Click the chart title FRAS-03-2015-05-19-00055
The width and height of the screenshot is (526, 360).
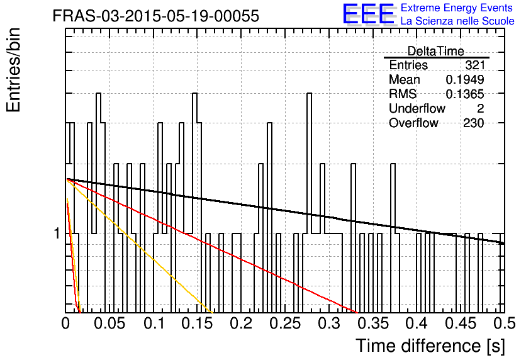156,16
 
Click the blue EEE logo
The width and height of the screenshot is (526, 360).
369,14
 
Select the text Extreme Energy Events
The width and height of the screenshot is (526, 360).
457,8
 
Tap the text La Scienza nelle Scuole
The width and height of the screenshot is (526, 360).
457,21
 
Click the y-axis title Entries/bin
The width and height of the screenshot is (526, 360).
13,70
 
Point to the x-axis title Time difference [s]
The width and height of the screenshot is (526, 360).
430,346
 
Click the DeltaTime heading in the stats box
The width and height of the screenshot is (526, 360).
435,51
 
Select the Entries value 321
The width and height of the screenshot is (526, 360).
474,65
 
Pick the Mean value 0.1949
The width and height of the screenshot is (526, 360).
465,79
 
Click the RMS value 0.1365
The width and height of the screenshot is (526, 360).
465,94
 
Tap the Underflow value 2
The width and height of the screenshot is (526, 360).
480,108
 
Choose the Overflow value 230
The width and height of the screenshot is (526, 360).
474,123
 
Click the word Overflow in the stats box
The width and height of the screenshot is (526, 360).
413,123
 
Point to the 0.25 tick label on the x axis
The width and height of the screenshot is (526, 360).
285,323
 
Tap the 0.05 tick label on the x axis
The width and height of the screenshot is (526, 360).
109,323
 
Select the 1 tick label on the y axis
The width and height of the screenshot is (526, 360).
57,233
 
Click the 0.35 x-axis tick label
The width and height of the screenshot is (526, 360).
373,323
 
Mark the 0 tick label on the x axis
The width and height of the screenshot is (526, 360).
65,323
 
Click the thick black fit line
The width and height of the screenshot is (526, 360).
285,211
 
